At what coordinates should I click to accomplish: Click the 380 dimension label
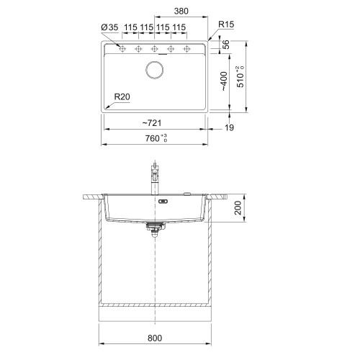(x=181, y=11)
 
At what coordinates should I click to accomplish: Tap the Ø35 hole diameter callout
(x=109, y=27)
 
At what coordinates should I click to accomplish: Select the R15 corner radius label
(x=226, y=24)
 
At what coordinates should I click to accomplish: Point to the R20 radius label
(x=122, y=96)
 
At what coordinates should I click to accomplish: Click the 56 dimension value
(x=226, y=45)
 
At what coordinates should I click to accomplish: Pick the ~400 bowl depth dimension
(x=224, y=81)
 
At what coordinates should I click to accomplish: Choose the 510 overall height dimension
(x=240, y=77)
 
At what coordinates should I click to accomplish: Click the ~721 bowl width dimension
(x=152, y=123)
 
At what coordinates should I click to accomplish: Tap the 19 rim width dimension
(x=229, y=127)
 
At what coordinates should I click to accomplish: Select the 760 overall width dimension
(x=156, y=138)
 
